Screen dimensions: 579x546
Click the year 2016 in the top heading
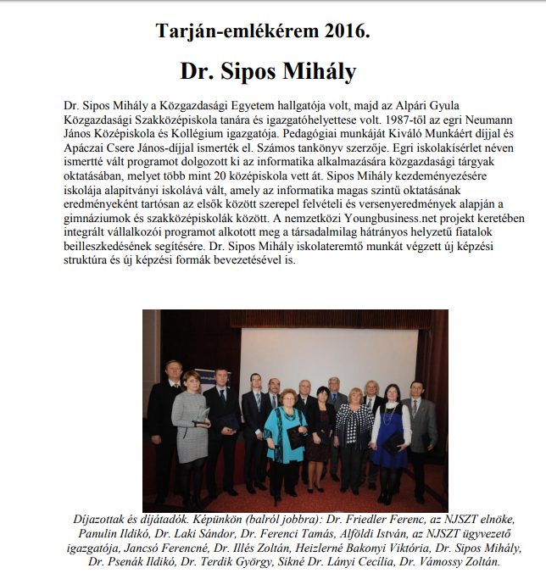click(345, 33)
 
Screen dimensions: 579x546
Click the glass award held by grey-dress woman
click(203, 418)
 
